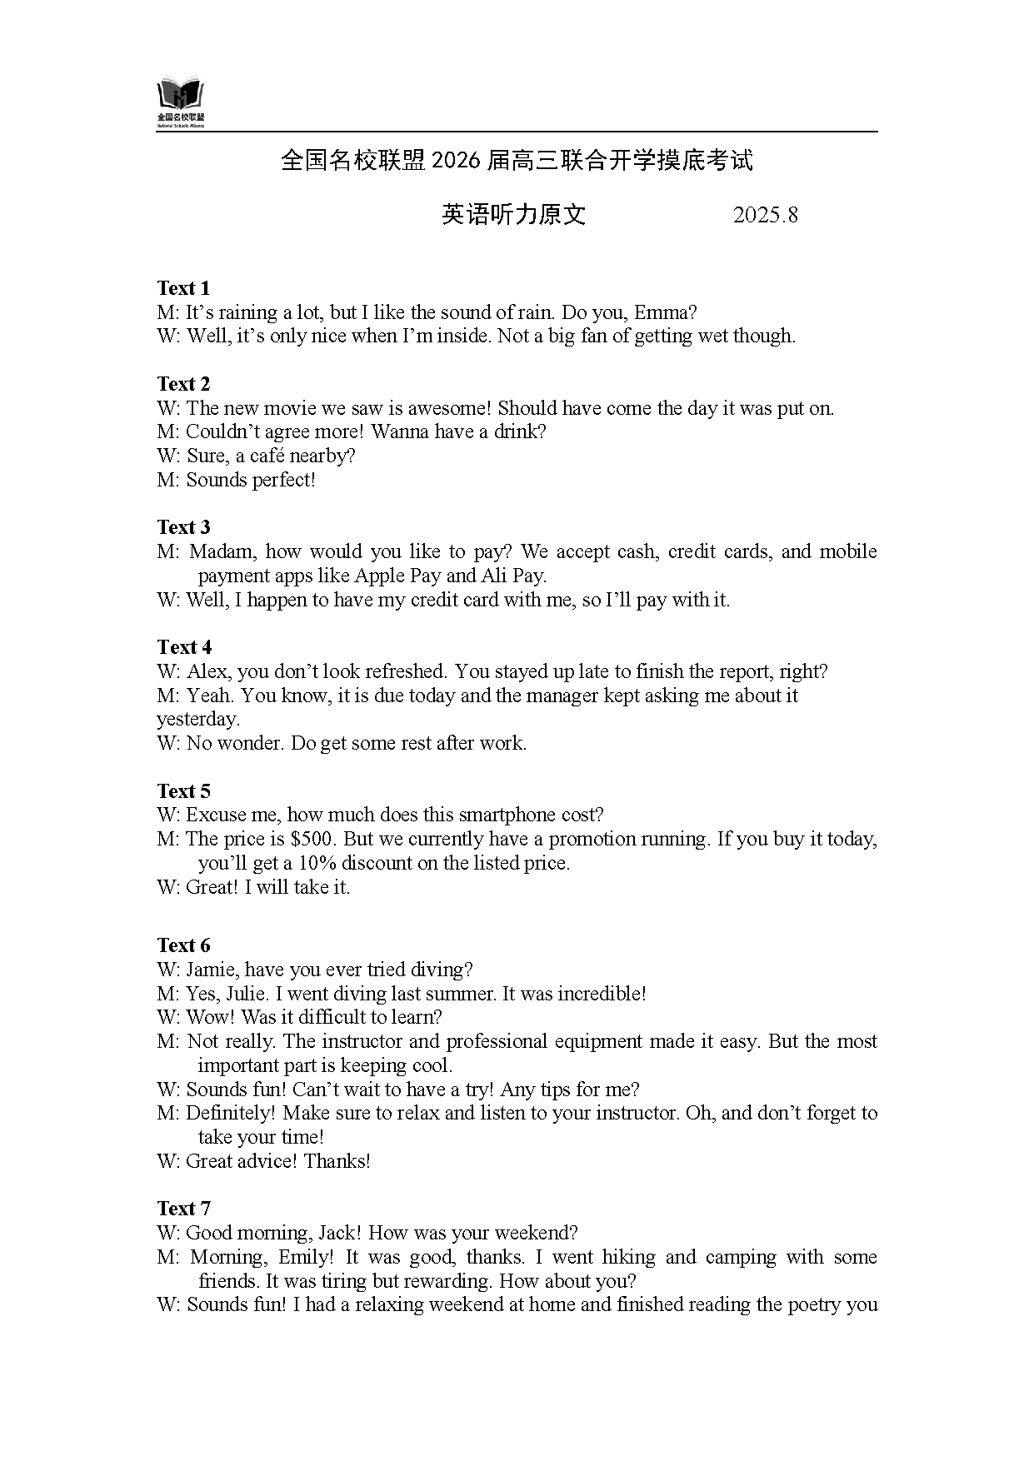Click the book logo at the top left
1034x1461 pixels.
click(x=180, y=98)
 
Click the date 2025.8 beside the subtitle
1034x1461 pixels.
click(x=765, y=215)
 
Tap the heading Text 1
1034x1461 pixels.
click(x=183, y=288)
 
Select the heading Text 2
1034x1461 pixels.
click(x=183, y=384)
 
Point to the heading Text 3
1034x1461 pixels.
click(x=183, y=527)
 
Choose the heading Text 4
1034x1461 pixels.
click(x=183, y=647)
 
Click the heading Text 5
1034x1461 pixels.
click(x=183, y=790)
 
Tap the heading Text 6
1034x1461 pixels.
click(x=183, y=945)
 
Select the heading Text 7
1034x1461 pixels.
click(x=183, y=1209)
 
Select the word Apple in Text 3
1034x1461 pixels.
click(x=380, y=576)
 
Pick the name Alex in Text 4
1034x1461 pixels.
click(x=207, y=671)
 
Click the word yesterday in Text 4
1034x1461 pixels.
click(x=197, y=719)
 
